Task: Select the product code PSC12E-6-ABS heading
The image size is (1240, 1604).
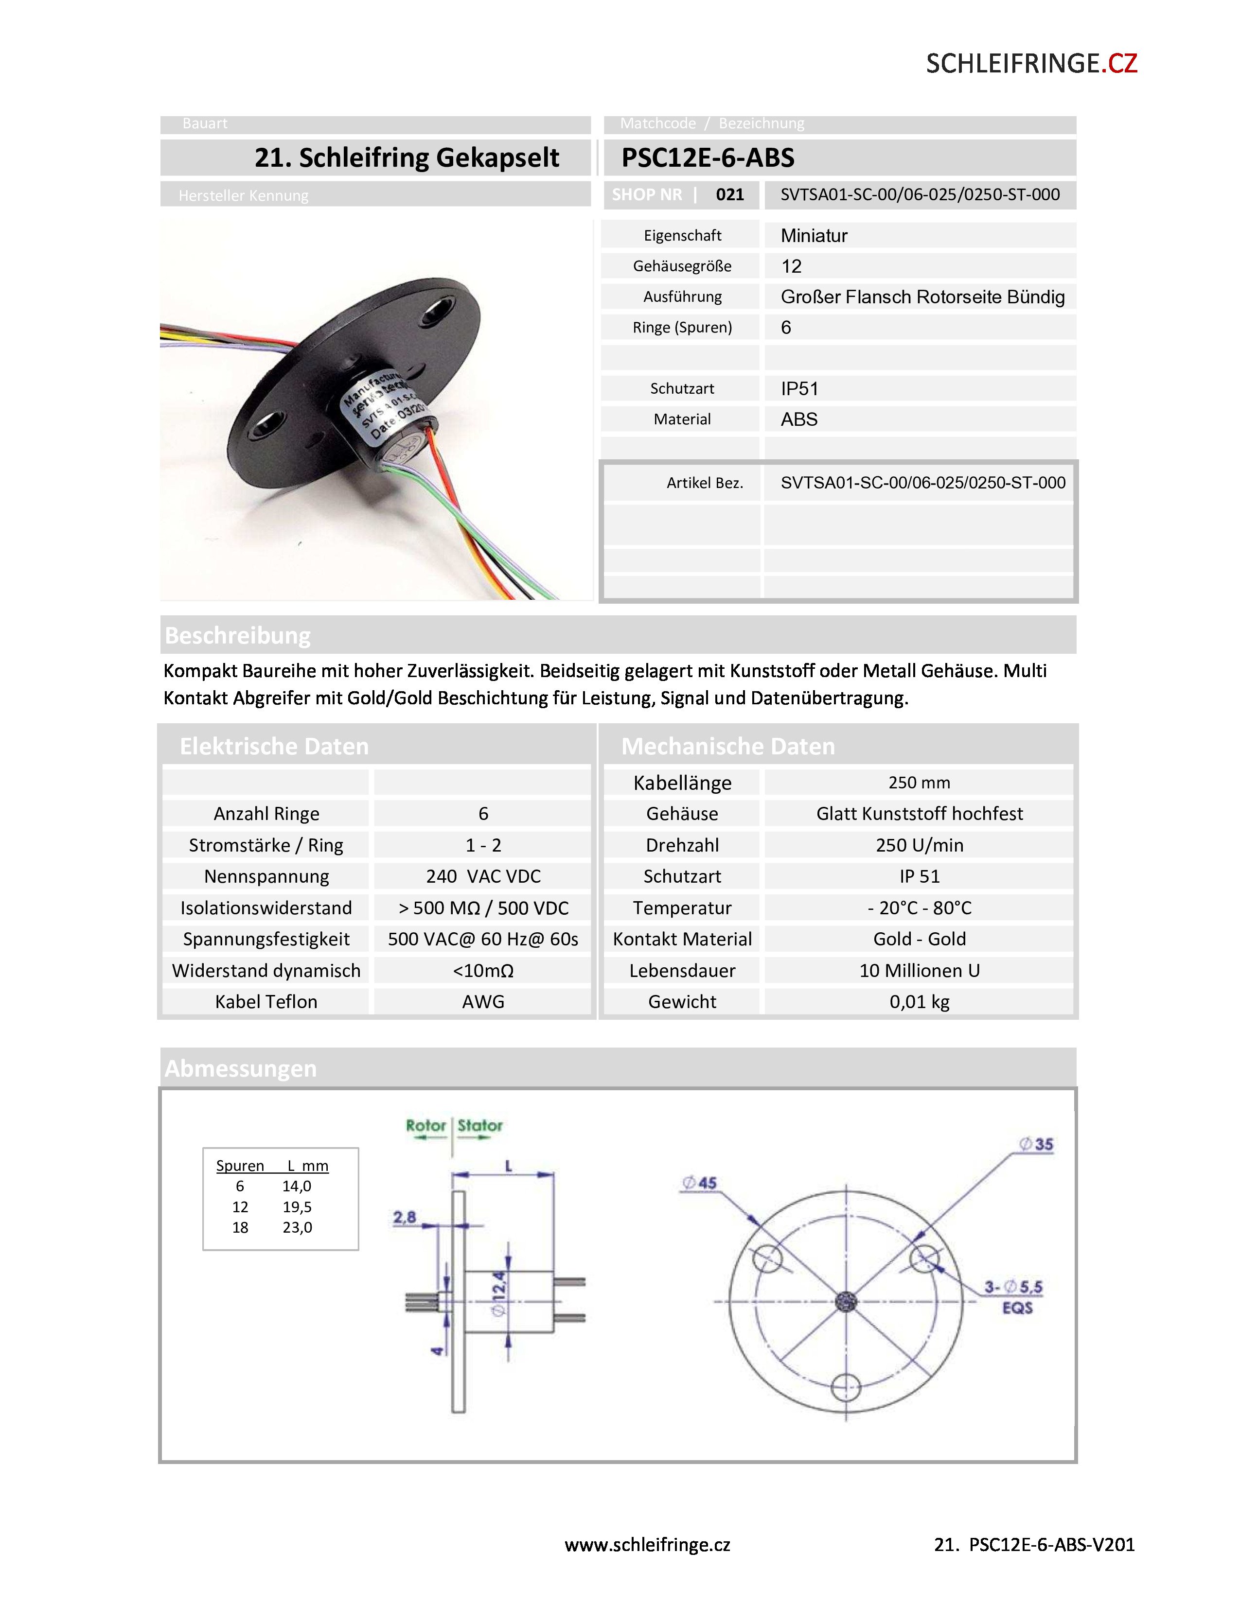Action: pyautogui.click(x=708, y=158)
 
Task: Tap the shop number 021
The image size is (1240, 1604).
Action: pyautogui.click(x=729, y=194)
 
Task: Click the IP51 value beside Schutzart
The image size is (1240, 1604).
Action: pyautogui.click(x=799, y=388)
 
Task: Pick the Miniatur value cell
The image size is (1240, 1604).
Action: pyautogui.click(x=814, y=236)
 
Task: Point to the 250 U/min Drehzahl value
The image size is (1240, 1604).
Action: pyautogui.click(x=919, y=845)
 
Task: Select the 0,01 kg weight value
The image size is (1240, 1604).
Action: pyautogui.click(x=919, y=1002)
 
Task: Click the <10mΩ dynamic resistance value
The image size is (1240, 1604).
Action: pyautogui.click(x=483, y=971)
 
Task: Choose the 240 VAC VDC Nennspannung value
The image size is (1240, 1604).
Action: pyautogui.click(x=483, y=877)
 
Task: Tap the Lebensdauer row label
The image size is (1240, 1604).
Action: pyautogui.click(x=682, y=971)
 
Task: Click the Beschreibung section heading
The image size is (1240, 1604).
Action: pyautogui.click(x=238, y=635)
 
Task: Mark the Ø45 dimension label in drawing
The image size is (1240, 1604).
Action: pyautogui.click(x=699, y=1183)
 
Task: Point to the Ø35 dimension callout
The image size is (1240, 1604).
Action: pyautogui.click(x=1036, y=1144)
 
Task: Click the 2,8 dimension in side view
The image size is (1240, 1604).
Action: pyautogui.click(x=405, y=1217)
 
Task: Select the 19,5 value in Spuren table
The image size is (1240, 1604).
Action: pyautogui.click(x=297, y=1207)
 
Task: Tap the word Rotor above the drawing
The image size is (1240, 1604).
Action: pyautogui.click(x=426, y=1126)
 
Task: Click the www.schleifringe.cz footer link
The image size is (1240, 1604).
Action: pyautogui.click(x=647, y=1545)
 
